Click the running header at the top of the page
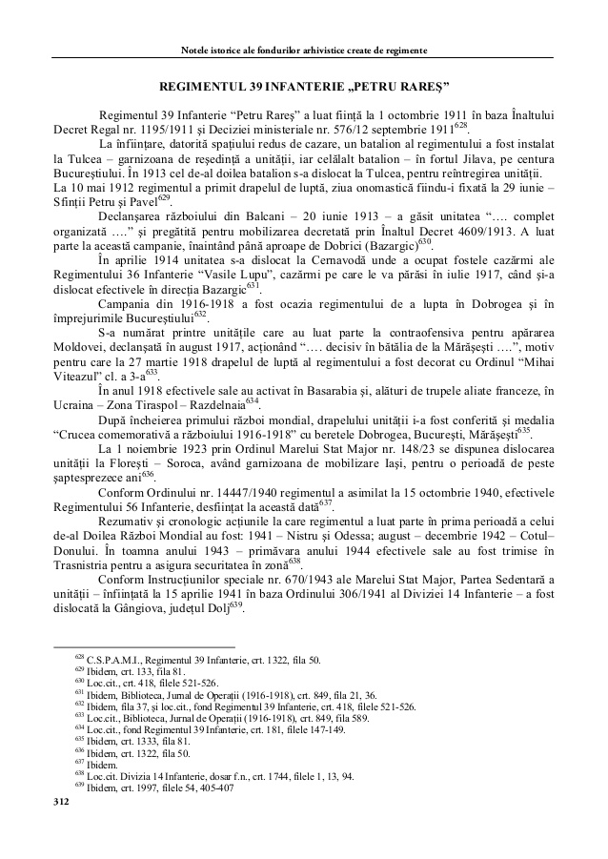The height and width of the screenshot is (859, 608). pyautogui.click(x=303, y=49)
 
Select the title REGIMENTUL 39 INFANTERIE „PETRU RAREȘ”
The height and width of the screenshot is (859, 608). pyautogui.click(x=303, y=87)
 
